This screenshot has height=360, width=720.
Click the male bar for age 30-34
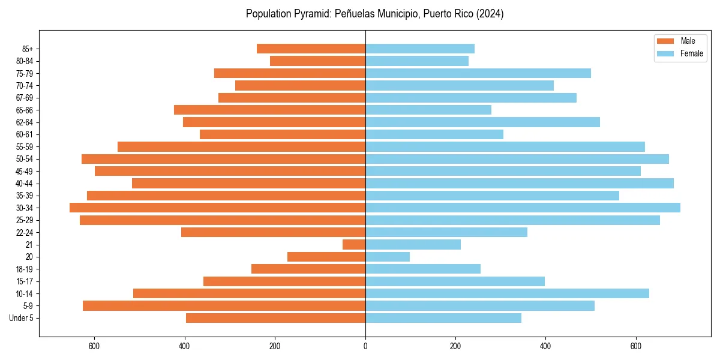[217, 208]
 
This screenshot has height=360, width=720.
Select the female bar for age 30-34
[523, 208]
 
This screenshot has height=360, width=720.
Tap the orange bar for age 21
[354, 244]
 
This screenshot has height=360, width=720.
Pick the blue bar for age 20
[388, 257]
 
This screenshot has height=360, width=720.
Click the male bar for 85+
[311, 49]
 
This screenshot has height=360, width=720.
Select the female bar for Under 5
[443, 318]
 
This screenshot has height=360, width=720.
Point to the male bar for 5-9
[224, 305]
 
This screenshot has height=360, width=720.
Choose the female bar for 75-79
[478, 73]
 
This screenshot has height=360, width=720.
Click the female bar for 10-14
[507, 293]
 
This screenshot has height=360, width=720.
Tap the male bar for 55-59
[241, 146]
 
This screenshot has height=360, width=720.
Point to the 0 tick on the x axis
[365, 346]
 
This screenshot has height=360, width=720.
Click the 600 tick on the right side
[636, 346]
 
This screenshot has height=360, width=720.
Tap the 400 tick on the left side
[185, 346]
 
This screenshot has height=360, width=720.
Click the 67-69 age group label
[24, 98]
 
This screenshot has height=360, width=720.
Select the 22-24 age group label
[24, 232]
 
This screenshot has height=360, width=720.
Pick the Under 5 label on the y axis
[21, 318]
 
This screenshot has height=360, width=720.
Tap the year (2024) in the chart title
[490, 14]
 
